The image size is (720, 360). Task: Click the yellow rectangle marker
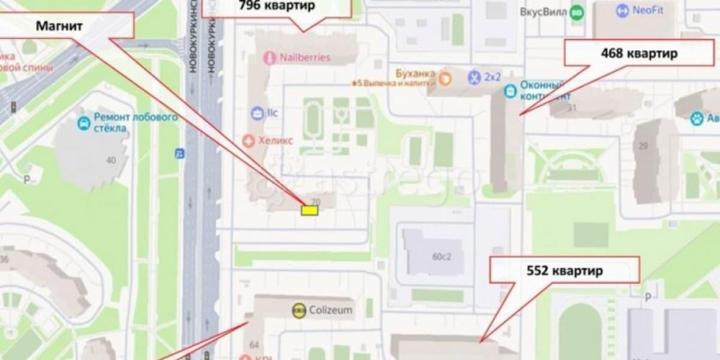(x=310, y=210)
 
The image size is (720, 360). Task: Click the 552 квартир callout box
(x=564, y=271)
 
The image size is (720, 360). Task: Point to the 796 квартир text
(x=276, y=6)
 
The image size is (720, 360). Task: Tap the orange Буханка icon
(x=446, y=75)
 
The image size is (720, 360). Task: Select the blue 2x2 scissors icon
(x=474, y=76)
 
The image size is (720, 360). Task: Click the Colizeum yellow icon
(x=299, y=310)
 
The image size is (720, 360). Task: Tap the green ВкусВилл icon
(x=576, y=12)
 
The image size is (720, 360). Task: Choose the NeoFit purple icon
(x=623, y=11)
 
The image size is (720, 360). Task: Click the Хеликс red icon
(x=249, y=140)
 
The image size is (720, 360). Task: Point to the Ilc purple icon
(x=257, y=112)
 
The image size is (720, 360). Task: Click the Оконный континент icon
(x=510, y=91)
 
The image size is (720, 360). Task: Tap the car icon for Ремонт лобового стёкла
(x=84, y=122)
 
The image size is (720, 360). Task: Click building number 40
(x=111, y=160)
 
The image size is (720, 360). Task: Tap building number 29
(x=643, y=146)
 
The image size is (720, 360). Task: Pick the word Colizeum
(x=331, y=310)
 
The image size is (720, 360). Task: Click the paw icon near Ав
(x=697, y=119)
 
